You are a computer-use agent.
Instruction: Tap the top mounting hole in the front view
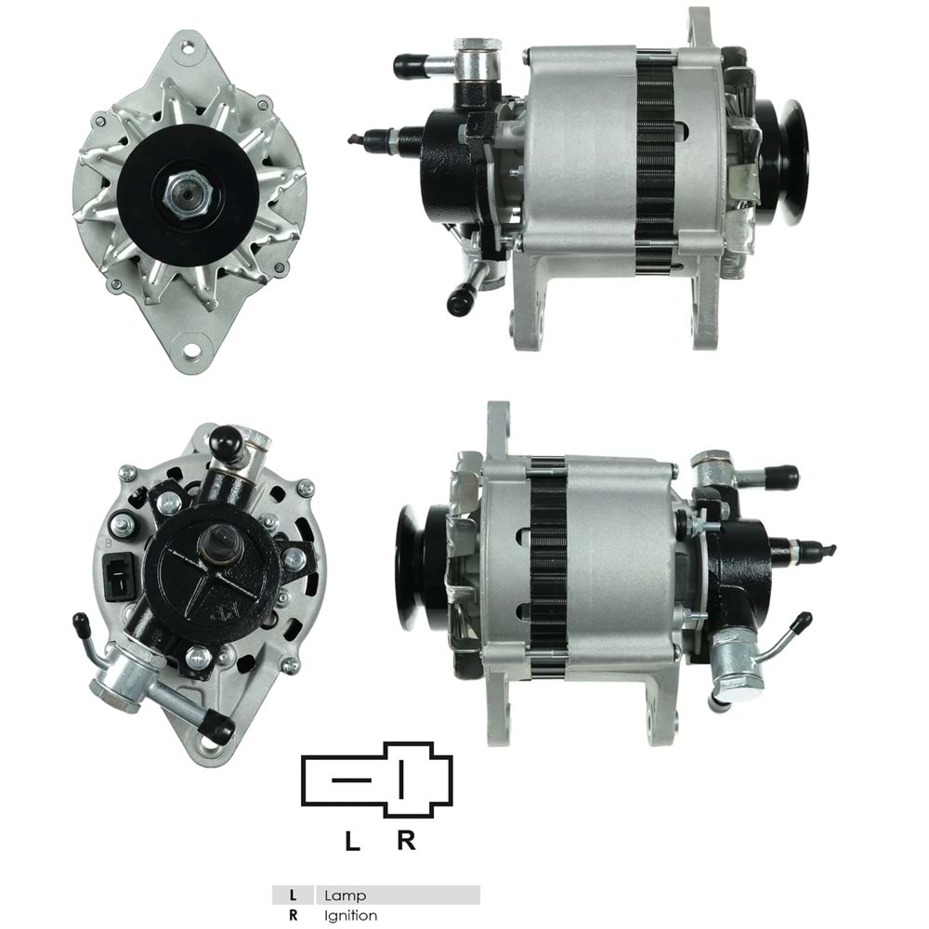(188, 46)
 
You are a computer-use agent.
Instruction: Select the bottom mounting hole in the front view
(190, 349)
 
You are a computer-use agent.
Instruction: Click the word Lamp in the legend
(345, 896)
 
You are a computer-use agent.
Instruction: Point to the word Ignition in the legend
(351, 915)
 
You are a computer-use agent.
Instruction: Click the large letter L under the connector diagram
(352, 842)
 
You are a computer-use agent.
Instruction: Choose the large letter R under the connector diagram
(406, 842)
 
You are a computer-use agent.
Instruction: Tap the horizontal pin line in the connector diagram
(351, 779)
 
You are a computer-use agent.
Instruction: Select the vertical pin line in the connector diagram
(402, 779)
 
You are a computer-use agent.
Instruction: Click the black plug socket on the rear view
(119, 575)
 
